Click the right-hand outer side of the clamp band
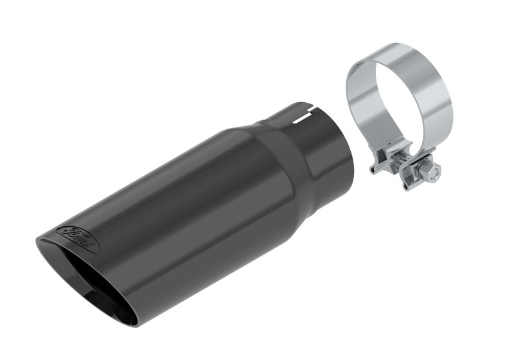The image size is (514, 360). (446, 103)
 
